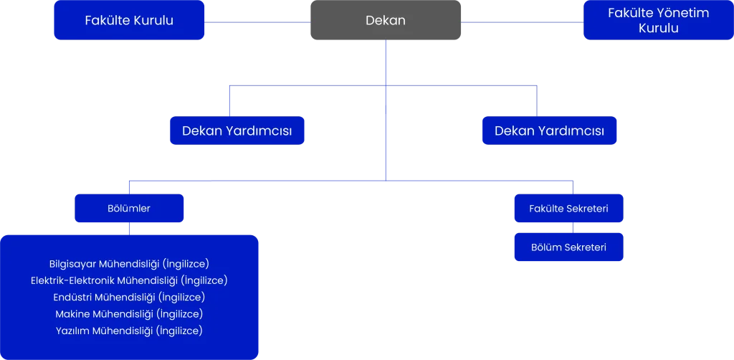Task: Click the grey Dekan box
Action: point(386,20)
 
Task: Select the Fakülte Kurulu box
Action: point(129,20)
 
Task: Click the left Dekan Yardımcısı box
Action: point(237,131)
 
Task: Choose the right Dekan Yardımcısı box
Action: point(549,131)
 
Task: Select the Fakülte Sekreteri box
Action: point(568,209)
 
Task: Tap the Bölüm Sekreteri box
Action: point(568,247)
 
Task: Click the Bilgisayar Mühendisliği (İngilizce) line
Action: point(129,263)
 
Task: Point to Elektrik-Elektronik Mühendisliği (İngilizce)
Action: point(129,280)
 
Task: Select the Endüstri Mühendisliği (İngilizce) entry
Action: point(129,297)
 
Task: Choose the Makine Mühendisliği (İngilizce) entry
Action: point(129,313)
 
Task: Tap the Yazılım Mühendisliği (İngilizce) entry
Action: point(129,331)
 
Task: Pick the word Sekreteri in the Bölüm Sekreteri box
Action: point(586,247)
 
